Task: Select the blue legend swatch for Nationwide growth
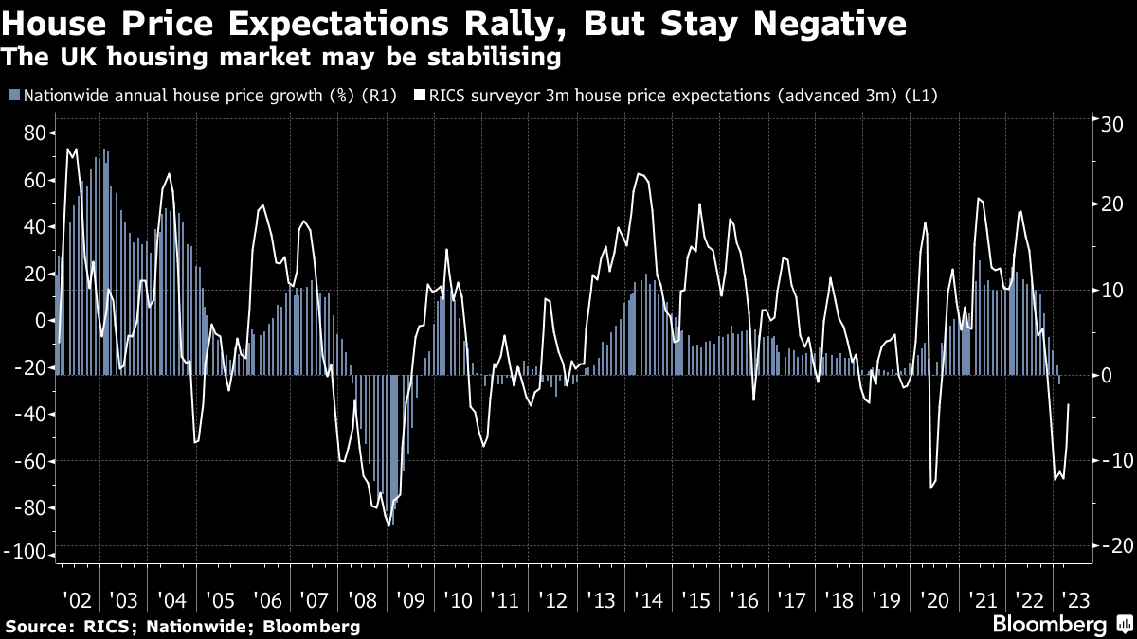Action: click(x=13, y=96)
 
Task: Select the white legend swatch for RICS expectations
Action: click(x=419, y=96)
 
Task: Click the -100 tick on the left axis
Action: click(x=27, y=554)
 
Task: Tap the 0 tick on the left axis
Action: click(x=41, y=320)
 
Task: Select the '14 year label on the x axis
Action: click(x=648, y=600)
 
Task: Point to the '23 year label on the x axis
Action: click(x=1076, y=600)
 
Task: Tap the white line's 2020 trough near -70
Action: click(x=931, y=488)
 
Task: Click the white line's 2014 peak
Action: click(x=640, y=173)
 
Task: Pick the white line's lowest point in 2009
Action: click(x=389, y=526)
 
